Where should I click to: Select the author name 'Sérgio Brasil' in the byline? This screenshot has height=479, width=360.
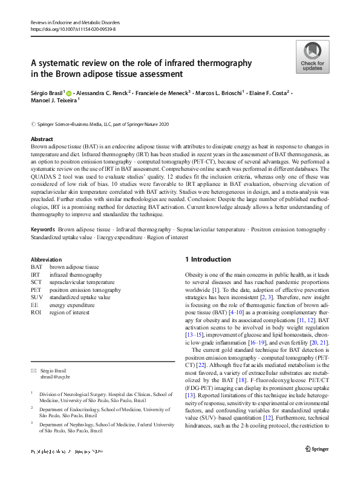tap(47, 93)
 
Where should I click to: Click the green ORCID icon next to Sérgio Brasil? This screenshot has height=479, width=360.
tap(69, 93)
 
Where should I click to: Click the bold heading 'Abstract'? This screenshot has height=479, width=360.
tap(42, 139)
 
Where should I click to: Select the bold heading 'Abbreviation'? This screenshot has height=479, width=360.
tap(47, 259)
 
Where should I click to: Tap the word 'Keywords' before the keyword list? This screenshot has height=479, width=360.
tap(43, 230)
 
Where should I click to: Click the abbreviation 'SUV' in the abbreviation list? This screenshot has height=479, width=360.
tap(37, 297)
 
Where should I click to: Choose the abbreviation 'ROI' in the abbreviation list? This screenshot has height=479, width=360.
tap(36, 313)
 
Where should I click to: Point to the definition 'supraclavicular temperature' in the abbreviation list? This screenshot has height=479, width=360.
tap(82, 282)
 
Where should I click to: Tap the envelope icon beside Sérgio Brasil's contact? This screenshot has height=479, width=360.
tap(33, 369)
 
